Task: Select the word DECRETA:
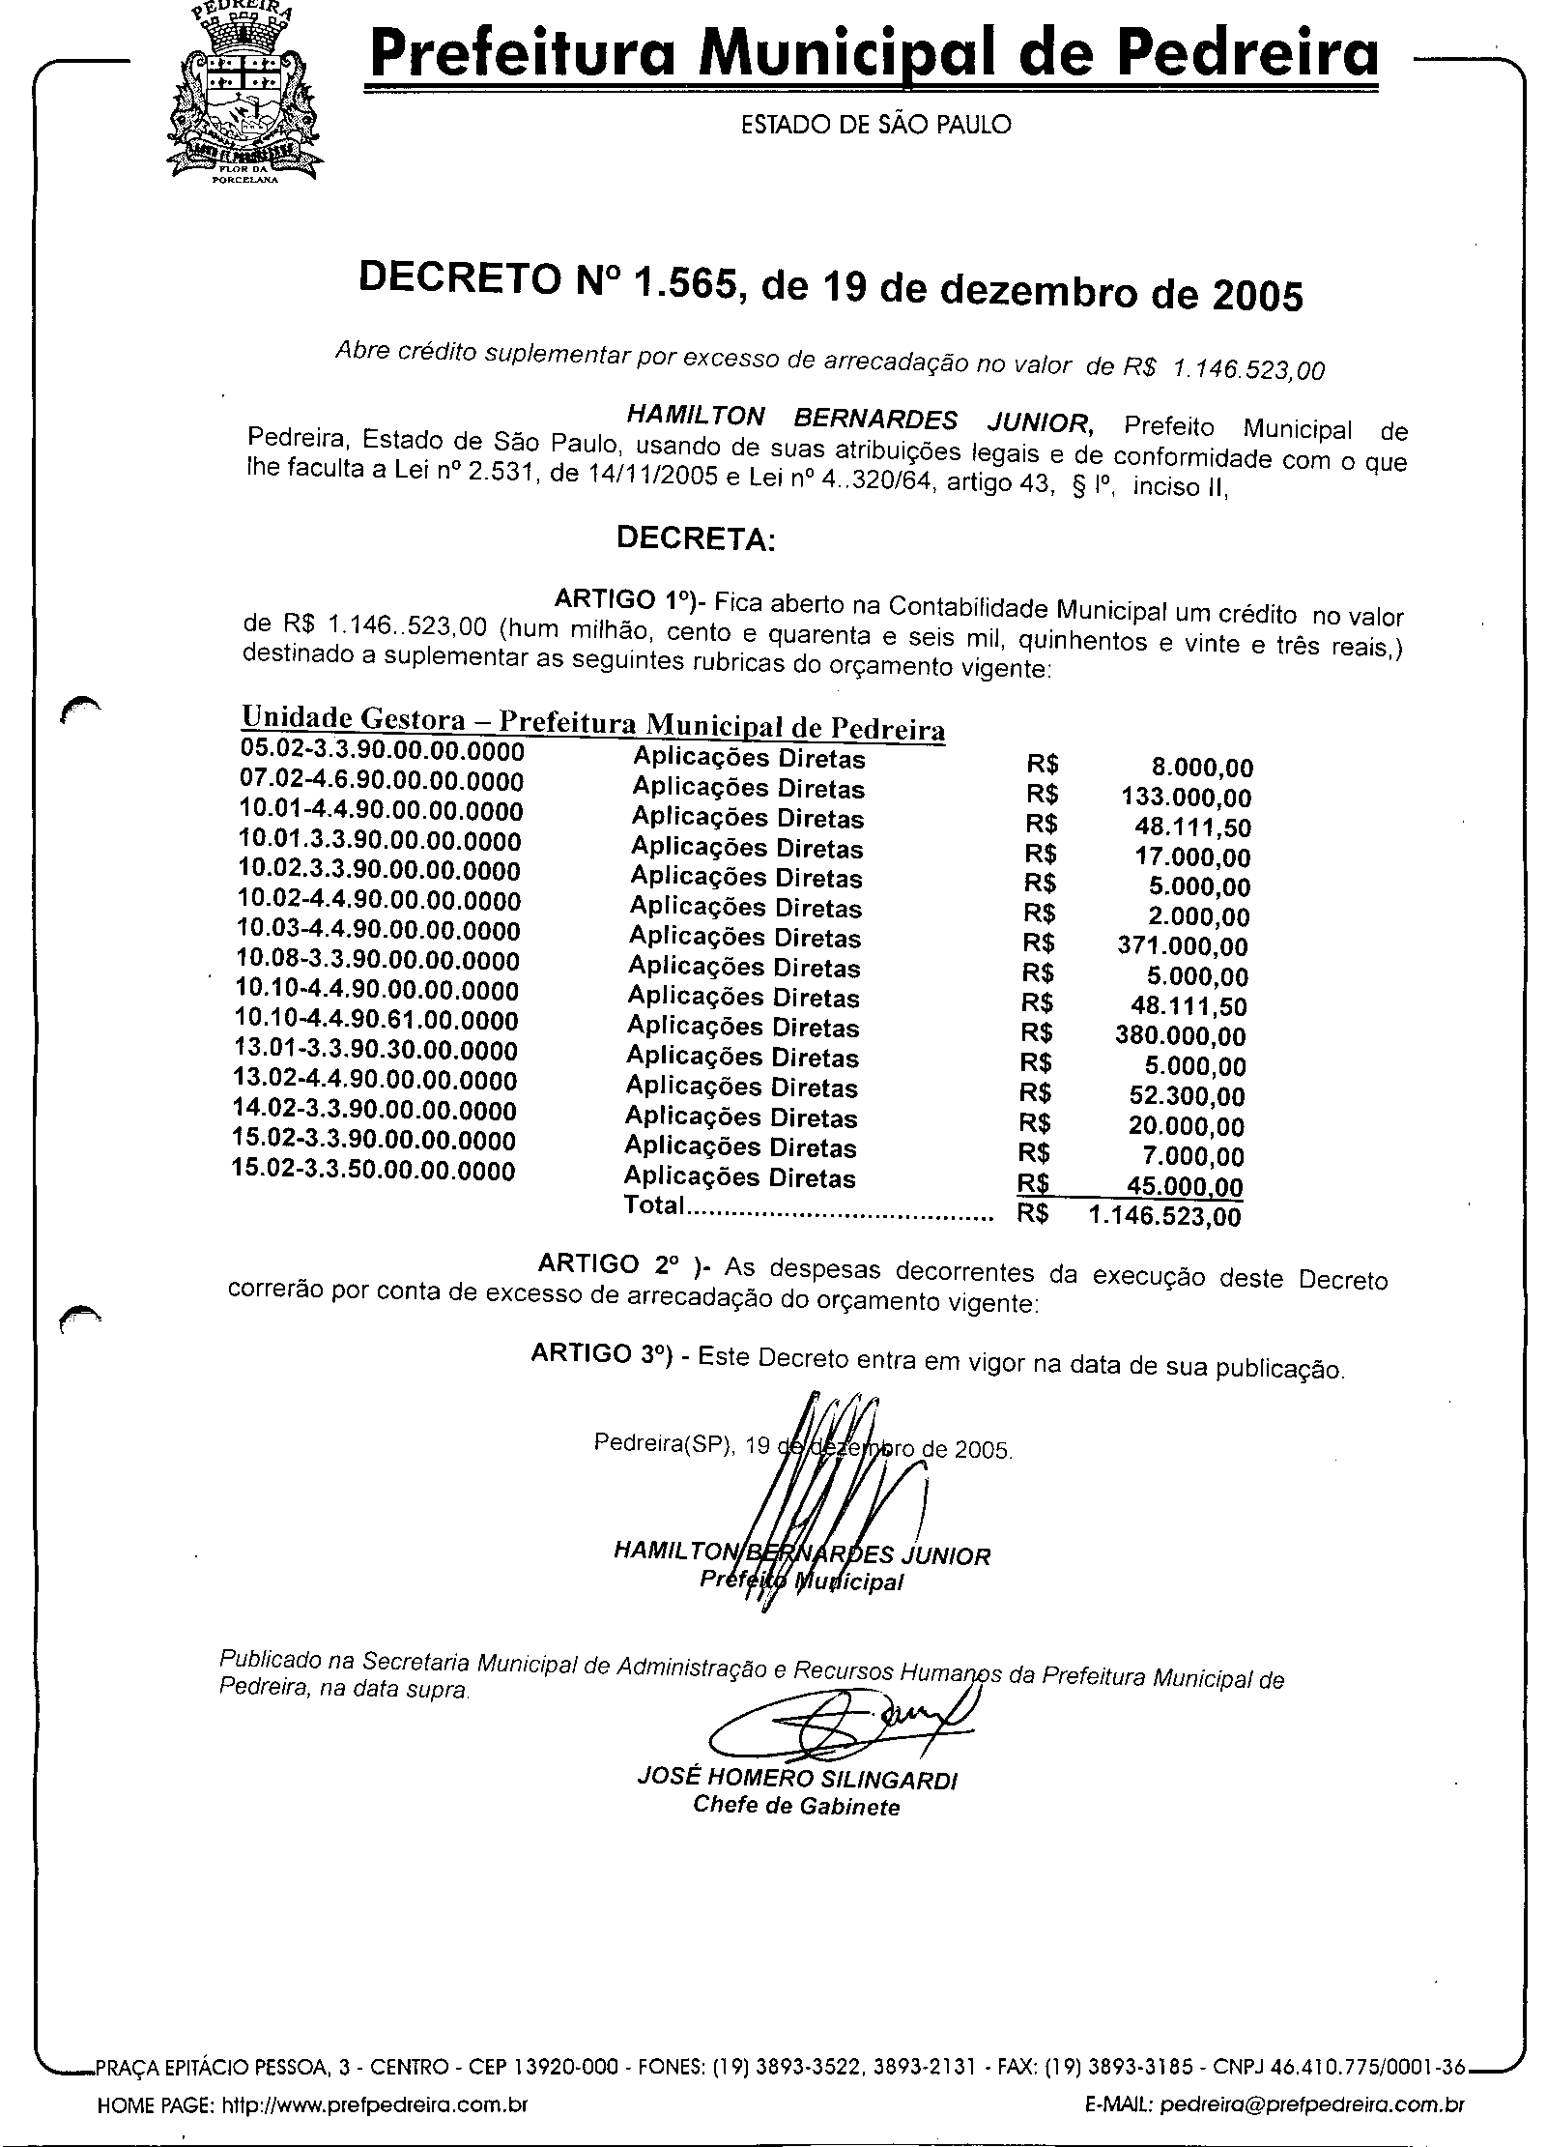pyautogui.click(x=696, y=538)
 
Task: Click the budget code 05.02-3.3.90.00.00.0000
pyautogui.click(x=382, y=751)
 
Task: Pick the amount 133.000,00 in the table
pyautogui.click(x=1186, y=798)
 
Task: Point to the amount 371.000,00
pyautogui.click(x=1183, y=947)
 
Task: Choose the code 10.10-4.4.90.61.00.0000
pyautogui.click(x=378, y=1021)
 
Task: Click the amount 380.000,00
pyautogui.click(x=1181, y=1037)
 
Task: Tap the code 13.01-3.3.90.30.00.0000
pyautogui.click(x=377, y=1051)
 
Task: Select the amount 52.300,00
pyautogui.click(x=1188, y=1097)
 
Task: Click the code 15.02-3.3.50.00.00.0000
pyautogui.click(x=374, y=1171)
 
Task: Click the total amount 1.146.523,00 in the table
pyautogui.click(x=1165, y=1216)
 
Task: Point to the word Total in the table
pyautogui.click(x=654, y=1204)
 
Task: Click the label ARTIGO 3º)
pyautogui.click(x=601, y=1354)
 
